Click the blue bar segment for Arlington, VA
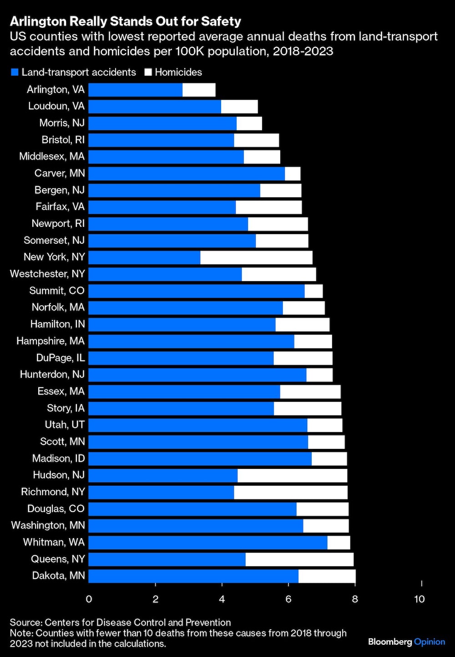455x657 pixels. [135, 90]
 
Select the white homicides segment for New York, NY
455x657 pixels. [256, 257]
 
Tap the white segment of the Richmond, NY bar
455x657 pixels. [290, 493]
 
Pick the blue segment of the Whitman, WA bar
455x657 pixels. [207, 543]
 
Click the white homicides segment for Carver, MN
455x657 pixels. [293, 174]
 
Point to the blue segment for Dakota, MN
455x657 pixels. [193, 576]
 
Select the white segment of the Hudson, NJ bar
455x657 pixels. [292, 476]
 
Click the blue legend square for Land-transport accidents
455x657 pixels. [15, 72]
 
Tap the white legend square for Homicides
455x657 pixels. [148, 72]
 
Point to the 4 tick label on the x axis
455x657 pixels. [222, 599]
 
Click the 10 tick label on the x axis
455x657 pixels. [419, 599]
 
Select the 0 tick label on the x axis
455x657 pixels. [89, 599]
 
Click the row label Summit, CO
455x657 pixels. [57, 291]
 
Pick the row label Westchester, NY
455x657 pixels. [47, 274]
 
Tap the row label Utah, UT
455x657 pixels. [65, 425]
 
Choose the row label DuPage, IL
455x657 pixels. [61, 358]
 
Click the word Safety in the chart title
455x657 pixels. [219, 21]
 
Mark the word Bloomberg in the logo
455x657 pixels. [389, 642]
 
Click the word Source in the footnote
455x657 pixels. [25, 622]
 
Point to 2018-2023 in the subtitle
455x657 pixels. [303, 51]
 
